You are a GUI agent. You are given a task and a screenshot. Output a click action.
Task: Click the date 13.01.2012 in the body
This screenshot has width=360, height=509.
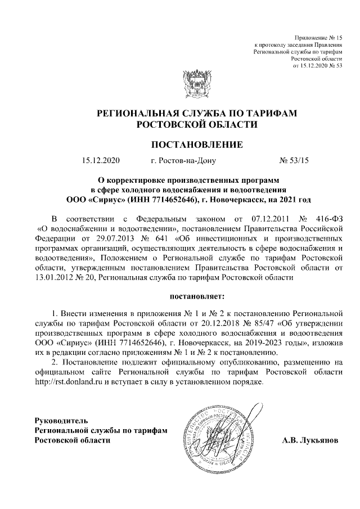pos(55,277)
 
